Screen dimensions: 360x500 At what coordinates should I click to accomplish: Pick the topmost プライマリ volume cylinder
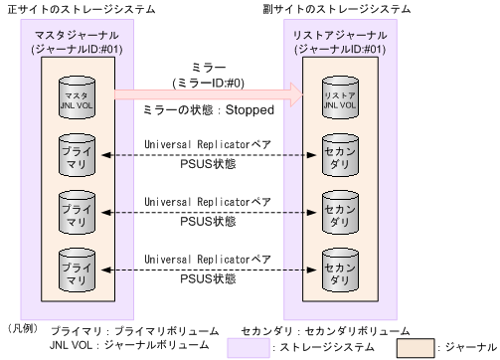[x=73, y=154]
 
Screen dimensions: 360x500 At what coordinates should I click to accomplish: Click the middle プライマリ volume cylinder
[x=73, y=210]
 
